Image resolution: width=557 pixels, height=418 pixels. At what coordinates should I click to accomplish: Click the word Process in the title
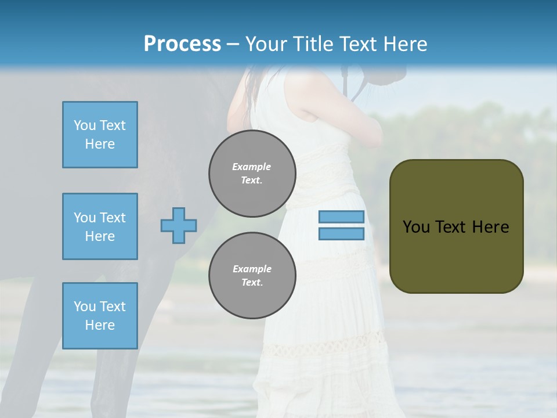coord(182,44)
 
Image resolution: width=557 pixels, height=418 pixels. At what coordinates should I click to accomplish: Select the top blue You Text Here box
coord(100,135)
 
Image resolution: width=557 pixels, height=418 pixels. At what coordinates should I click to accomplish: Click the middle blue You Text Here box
coord(100,226)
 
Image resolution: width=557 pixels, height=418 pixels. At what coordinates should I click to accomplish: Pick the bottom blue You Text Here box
coord(100,316)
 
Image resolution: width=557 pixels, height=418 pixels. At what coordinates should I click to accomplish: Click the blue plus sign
coord(179,225)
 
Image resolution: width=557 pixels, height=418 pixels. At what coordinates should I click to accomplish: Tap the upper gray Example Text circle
coord(252,173)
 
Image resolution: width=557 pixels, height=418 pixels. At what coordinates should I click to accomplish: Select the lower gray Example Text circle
coord(252,275)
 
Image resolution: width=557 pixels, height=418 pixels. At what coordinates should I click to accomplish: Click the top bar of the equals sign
coord(341,217)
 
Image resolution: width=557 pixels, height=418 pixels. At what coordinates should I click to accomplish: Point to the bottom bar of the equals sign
coord(341,234)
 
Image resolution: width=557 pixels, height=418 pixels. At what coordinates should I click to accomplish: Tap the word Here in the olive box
coord(490,227)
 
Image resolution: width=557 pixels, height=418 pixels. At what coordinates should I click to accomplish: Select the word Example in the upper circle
coord(252,167)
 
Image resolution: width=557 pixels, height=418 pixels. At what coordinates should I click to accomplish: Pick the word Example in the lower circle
coord(252,269)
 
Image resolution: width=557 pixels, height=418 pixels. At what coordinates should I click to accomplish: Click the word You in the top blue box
coord(85,125)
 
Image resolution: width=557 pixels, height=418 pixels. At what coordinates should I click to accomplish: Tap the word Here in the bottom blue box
coord(100,325)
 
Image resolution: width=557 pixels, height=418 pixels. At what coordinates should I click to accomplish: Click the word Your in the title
coord(267,44)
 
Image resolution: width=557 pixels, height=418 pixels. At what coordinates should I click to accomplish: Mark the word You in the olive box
coord(415,227)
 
